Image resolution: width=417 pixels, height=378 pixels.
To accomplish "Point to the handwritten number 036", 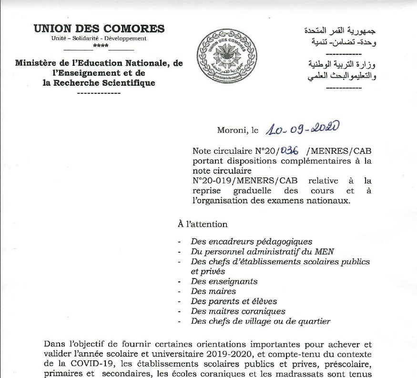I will tap(289, 150).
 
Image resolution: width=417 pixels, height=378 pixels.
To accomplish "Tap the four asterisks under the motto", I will tap(101, 46).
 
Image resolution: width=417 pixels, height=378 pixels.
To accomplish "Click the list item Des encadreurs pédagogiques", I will tap(251, 242).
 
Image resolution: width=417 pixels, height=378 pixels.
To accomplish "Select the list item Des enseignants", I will tap(224, 281).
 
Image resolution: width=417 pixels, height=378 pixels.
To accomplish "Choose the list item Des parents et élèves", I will tap(234, 301).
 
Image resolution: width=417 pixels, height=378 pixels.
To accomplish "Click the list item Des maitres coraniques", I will tap(238, 311).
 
